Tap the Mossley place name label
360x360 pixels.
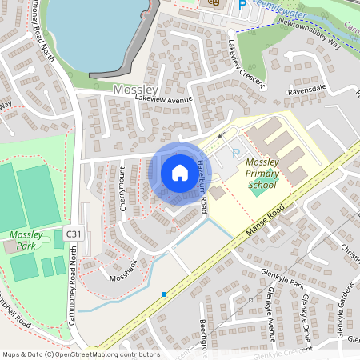[136, 90]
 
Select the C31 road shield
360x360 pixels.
[73, 234]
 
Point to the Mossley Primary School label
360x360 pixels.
[262, 174]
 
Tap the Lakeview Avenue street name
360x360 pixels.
[165, 98]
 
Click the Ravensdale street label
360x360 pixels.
[307, 90]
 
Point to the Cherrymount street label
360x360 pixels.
[124, 188]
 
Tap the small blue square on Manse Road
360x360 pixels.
[164, 294]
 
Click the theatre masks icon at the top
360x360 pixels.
[213, 3]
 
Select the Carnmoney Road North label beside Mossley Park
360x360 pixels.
[74, 272]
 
